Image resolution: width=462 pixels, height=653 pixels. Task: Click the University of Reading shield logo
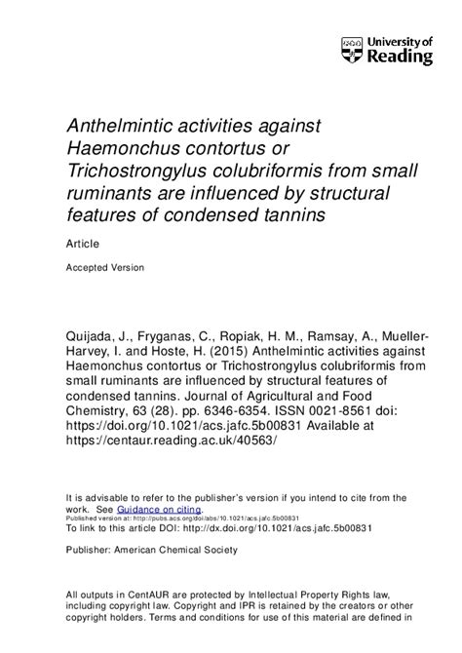[352, 50]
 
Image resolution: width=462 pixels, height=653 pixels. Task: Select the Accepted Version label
[104, 267]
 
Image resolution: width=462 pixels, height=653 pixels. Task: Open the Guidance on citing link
[159, 509]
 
